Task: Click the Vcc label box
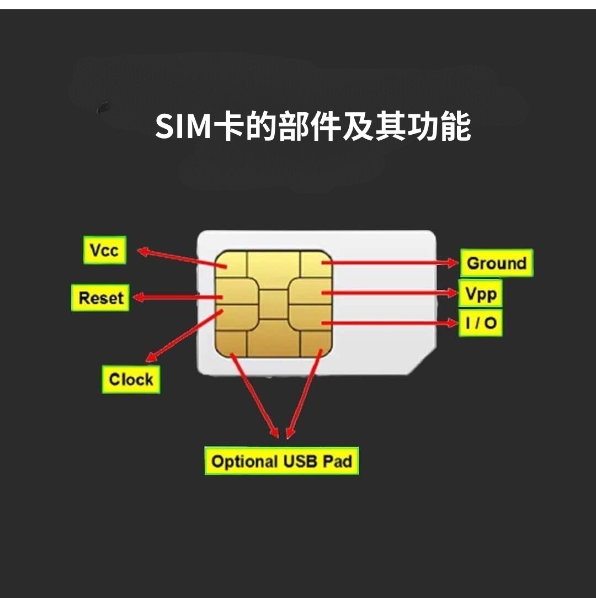(x=104, y=251)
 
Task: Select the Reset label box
(x=100, y=298)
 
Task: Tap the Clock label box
(x=131, y=379)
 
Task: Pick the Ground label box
(x=497, y=263)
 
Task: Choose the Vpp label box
(x=481, y=294)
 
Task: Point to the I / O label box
(x=481, y=323)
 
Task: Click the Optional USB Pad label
(x=281, y=461)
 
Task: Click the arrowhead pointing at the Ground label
(x=453, y=263)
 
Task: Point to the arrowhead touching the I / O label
(x=453, y=323)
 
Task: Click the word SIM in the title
(x=183, y=127)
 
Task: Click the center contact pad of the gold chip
(x=274, y=304)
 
